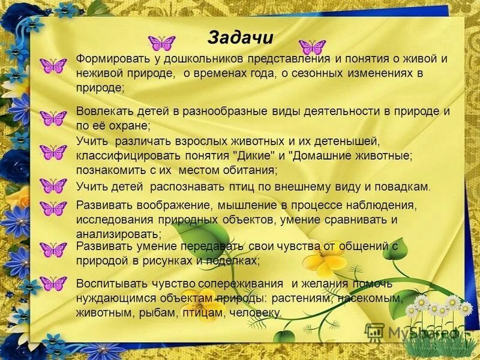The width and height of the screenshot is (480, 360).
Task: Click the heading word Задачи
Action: tap(240, 37)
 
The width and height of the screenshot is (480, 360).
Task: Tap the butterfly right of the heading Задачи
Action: tap(312, 47)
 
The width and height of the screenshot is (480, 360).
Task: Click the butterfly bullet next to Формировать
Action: tap(53, 65)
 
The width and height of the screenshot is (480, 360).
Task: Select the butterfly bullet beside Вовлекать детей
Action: tap(53, 118)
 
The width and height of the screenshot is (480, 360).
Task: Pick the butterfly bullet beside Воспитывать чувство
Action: tap(53, 283)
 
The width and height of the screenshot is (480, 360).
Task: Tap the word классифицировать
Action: tap(122, 155)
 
